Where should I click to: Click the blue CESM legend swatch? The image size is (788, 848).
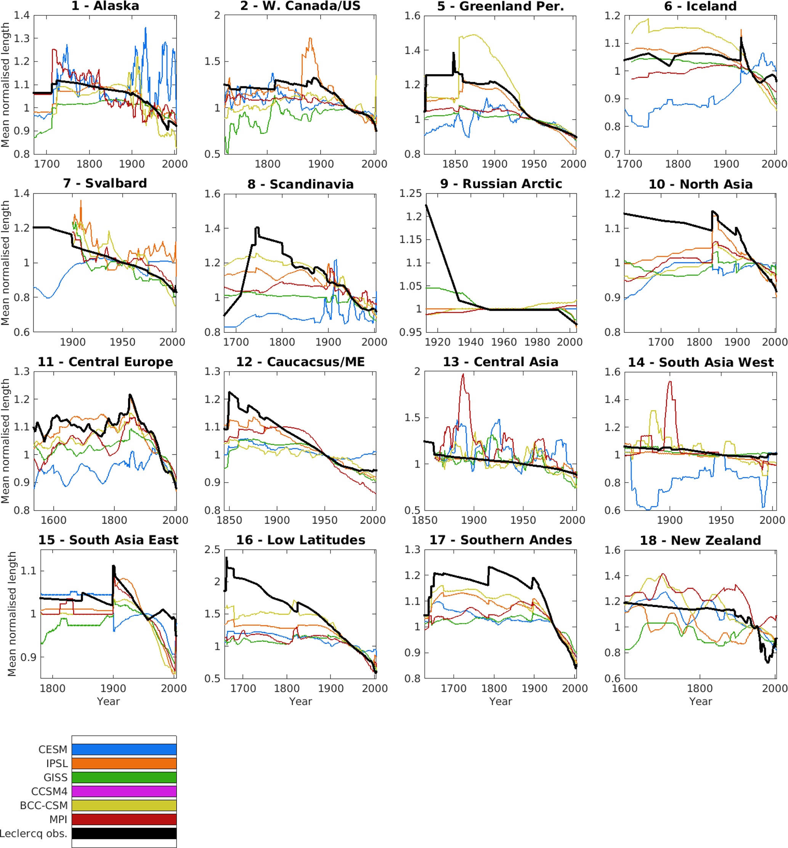pyautogui.click(x=124, y=750)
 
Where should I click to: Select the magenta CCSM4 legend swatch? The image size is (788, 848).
pyautogui.click(x=124, y=791)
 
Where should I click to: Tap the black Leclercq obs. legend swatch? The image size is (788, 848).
pyautogui.click(x=124, y=833)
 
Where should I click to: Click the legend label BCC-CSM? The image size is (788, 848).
pyautogui.click(x=43, y=805)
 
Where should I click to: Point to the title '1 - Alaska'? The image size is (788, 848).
pyautogui.click(x=105, y=6)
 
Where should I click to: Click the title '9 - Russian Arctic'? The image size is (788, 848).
pyautogui.click(x=501, y=184)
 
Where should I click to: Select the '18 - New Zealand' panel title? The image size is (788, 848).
pyautogui.click(x=700, y=540)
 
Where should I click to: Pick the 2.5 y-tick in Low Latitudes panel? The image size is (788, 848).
pyautogui.click(x=212, y=550)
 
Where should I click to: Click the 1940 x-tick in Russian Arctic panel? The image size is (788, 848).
pyautogui.click(x=471, y=342)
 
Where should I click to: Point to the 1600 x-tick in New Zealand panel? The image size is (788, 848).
pyautogui.click(x=625, y=689)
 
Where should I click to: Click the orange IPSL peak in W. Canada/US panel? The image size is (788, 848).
pyautogui.click(x=310, y=39)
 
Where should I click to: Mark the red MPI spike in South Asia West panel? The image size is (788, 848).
pyautogui.click(x=670, y=382)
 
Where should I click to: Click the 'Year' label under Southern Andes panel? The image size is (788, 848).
pyautogui.click(x=501, y=701)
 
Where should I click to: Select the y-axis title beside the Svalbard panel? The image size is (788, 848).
pyautogui.click(x=5, y=263)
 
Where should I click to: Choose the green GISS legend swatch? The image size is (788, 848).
pyautogui.click(x=124, y=777)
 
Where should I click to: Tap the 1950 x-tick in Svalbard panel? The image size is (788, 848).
pyautogui.click(x=123, y=342)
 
